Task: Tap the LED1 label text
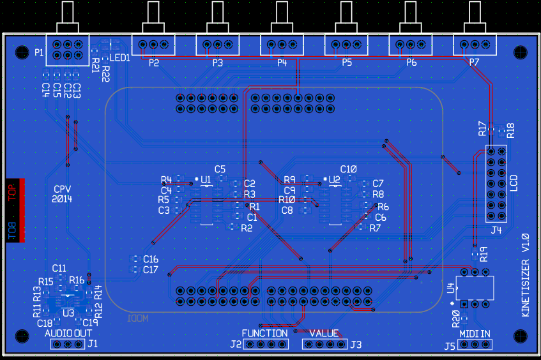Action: click(119, 57)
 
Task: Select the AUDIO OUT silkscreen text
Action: click(68, 333)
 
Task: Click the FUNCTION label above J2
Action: click(264, 333)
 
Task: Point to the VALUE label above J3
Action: click(324, 333)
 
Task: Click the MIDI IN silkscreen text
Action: click(475, 333)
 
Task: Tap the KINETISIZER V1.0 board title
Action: click(525, 275)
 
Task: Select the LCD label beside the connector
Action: click(515, 184)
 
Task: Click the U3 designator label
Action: click(68, 312)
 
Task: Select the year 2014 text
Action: click(63, 199)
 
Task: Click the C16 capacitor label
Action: click(151, 259)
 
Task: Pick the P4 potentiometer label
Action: click(282, 63)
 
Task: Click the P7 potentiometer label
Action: click(474, 63)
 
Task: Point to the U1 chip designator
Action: click(206, 181)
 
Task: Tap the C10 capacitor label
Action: click(348, 169)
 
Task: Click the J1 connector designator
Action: click(93, 344)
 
